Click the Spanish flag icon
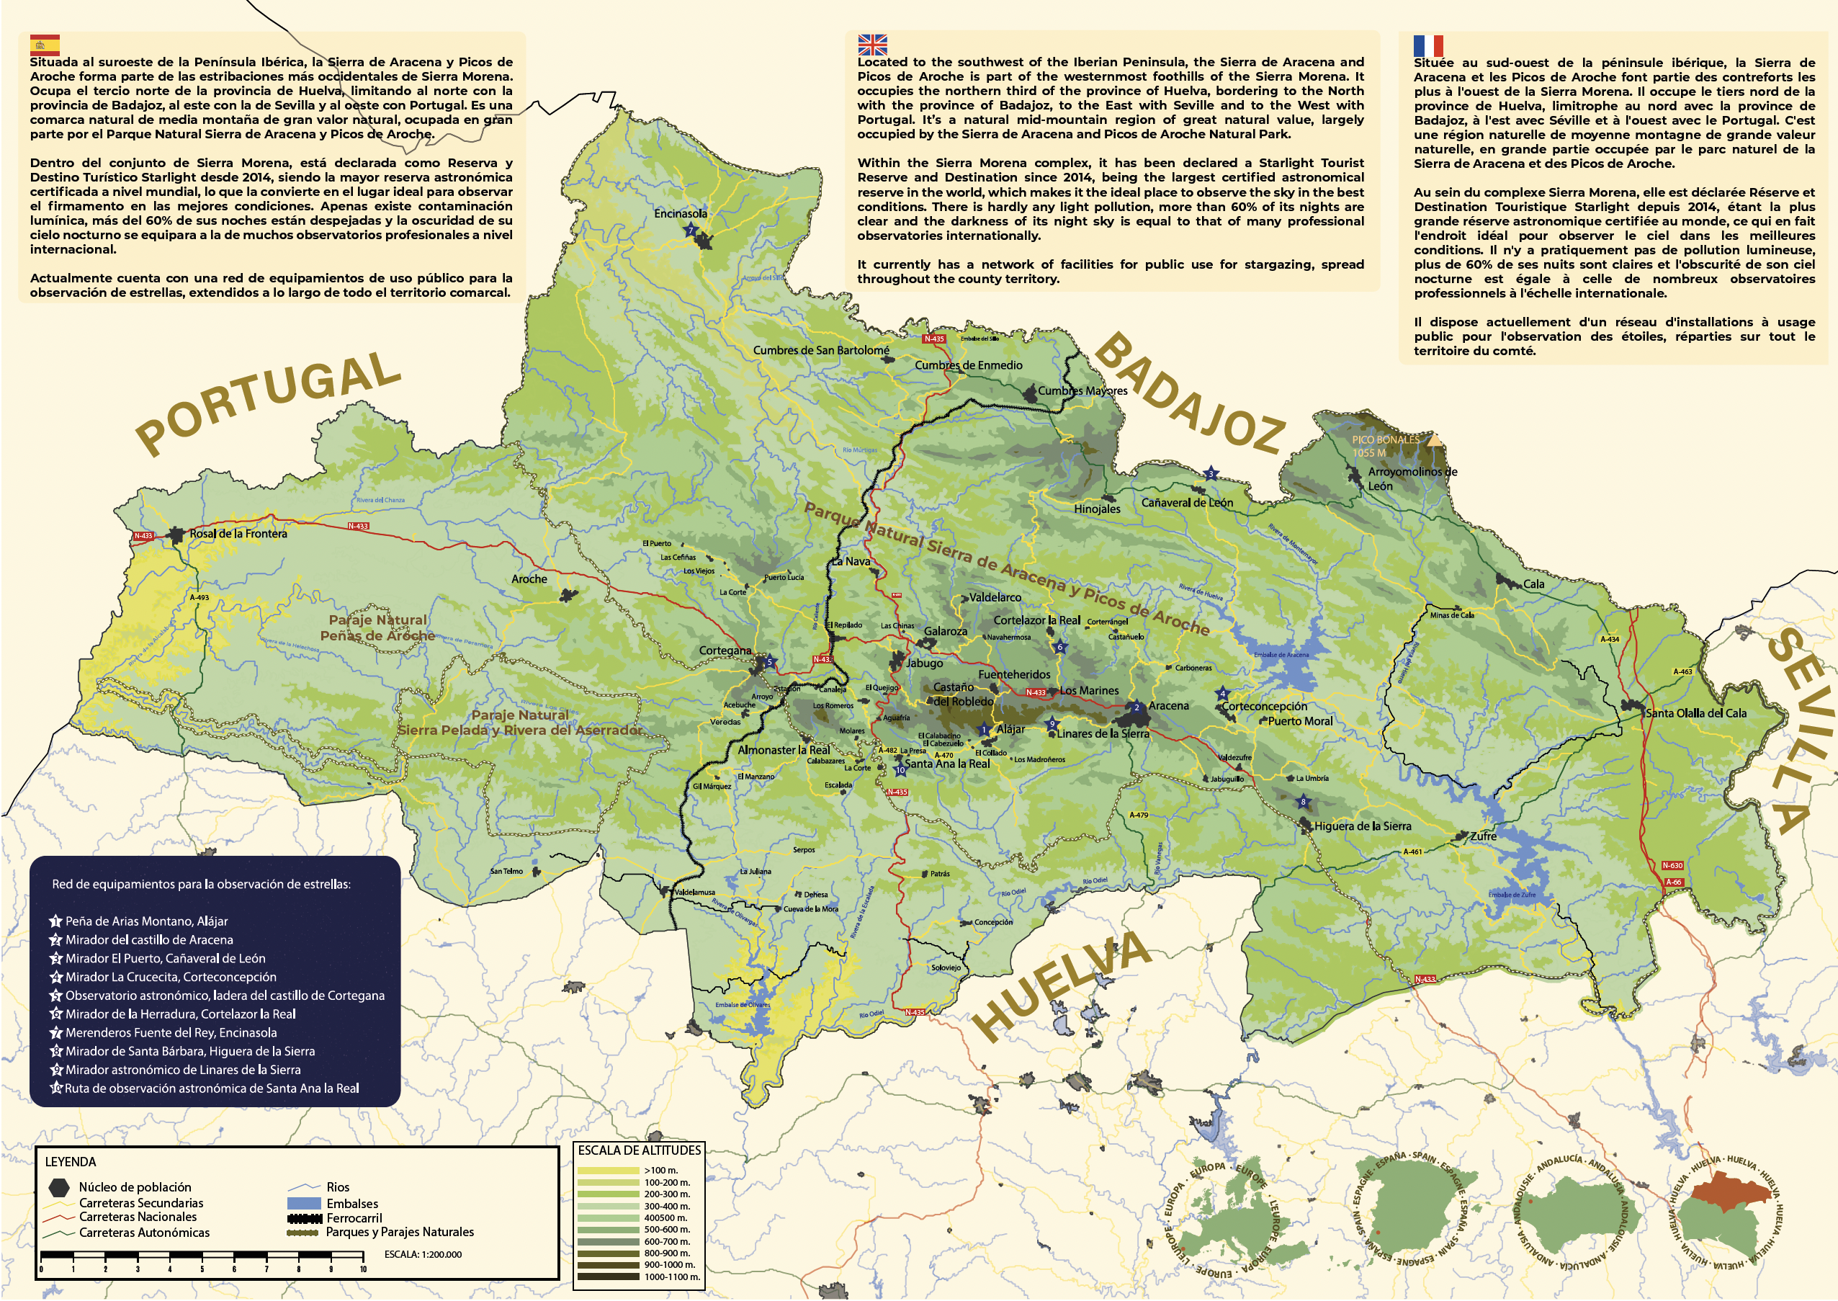(x=44, y=45)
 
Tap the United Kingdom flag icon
(x=872, y=45)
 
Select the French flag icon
(x=1428, y=45)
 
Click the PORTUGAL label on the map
(x=269, y=403)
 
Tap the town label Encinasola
(x=680, y=213)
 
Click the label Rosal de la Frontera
(x=238, y=534)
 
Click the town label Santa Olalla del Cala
(x=1695, y=713)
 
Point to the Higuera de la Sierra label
(x=1362, y=826)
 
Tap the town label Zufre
(x=1483, y=836)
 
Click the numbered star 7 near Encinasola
(x=691, y=231)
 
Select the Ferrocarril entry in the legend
(x=354, y=1217)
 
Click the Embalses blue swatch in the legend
(x=303, y=1203)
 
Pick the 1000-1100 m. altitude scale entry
(x=671, y=1277)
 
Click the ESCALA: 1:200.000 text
(x=423, y=1253)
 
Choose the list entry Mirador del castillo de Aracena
(x=149, y=939)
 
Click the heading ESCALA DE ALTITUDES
(x=639, y=1150)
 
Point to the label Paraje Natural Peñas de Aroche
(x=377, y=627)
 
